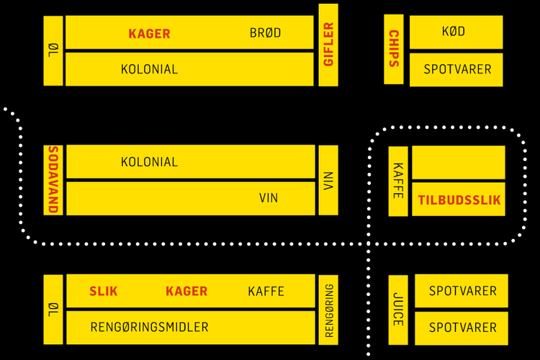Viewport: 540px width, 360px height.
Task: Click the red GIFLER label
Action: click(328, 45)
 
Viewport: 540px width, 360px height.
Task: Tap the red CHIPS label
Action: click(394, 48)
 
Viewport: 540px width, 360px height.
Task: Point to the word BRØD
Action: click(265, 33)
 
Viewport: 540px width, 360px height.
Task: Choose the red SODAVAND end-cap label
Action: click(53, 179)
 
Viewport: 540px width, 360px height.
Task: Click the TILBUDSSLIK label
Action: click(459, 200)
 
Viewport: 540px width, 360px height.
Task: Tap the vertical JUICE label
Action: click(398, 309)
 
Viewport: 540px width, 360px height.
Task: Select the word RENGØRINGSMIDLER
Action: click(149, 328)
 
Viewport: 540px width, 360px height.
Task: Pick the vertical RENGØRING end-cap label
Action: click(328, 310)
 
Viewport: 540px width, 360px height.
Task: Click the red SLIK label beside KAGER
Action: click(104, 292)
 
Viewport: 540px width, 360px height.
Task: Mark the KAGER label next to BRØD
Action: click(149, 33)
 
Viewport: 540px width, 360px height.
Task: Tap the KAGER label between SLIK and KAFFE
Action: click(186, 292)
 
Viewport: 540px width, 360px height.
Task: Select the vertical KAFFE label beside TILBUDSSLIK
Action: click(398, 180)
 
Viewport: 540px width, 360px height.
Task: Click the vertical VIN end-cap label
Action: click(328, 179)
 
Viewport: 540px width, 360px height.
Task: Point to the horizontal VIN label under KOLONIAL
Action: click(269, 198)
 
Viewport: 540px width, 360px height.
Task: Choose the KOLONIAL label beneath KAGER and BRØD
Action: click(149, 70)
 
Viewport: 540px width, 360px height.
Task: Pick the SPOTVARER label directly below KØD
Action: click(457, 70)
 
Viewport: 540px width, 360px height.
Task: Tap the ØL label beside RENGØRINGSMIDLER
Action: click(53, 309)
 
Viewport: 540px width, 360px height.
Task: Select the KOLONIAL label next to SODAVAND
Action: click(149, 162)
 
